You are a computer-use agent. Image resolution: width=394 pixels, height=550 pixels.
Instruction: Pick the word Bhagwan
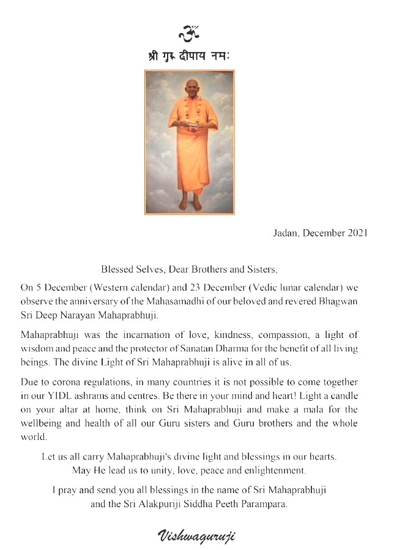click(x=356, y=298)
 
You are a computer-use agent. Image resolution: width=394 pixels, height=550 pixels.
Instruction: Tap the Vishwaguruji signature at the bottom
click(x=197, y=536)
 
